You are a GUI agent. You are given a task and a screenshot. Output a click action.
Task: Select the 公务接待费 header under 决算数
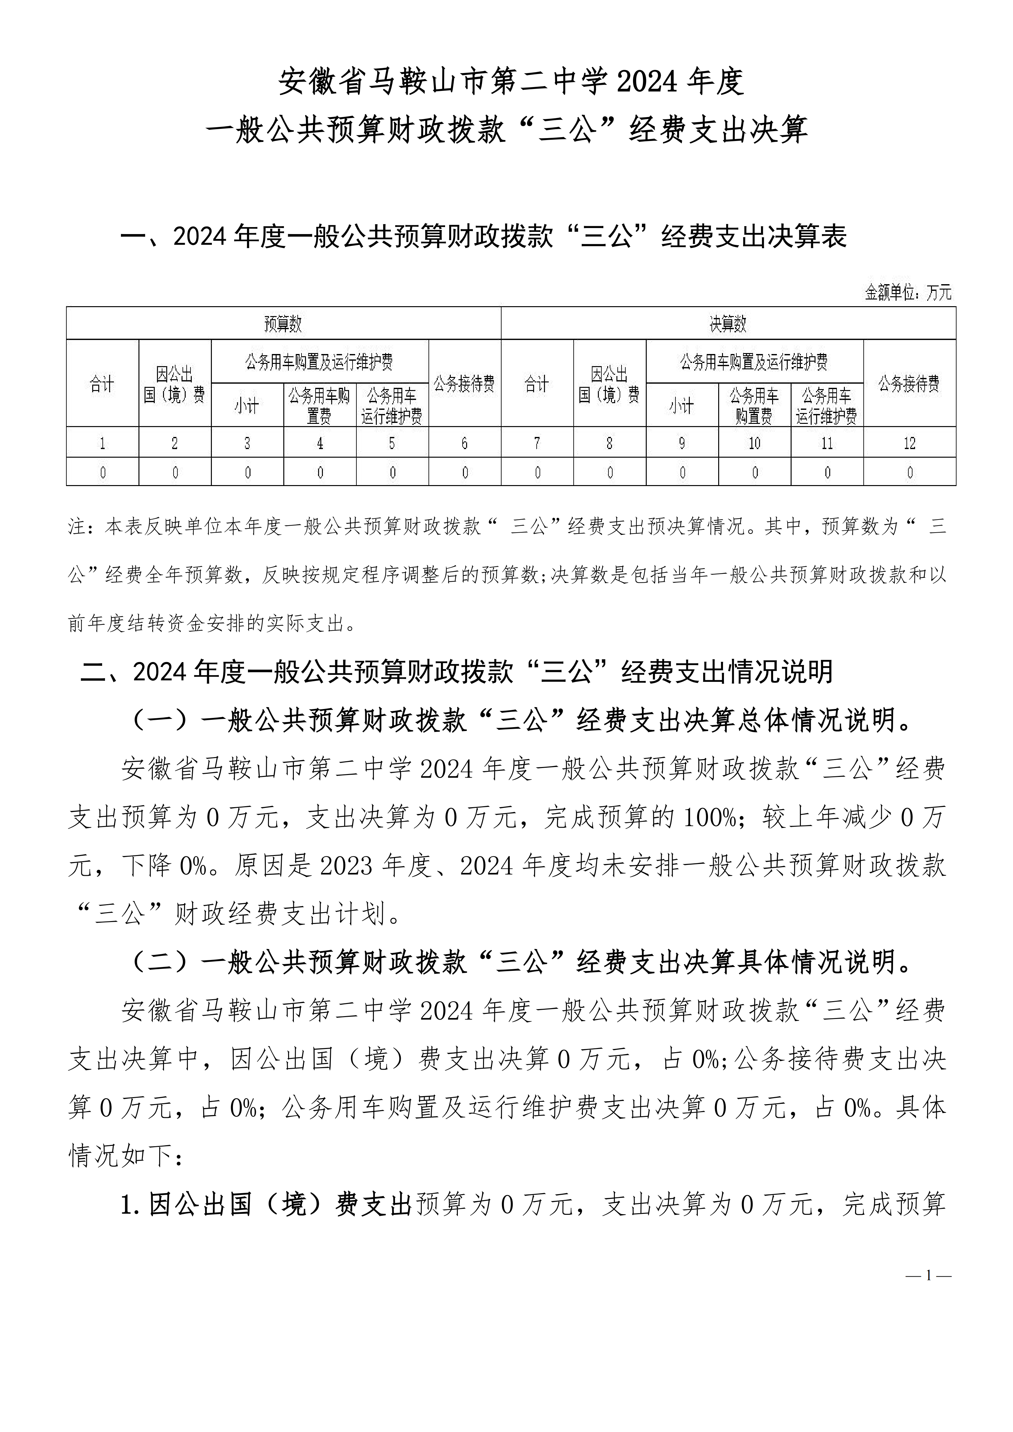(909, 384)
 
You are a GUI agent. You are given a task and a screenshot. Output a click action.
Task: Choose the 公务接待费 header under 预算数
(465, 384)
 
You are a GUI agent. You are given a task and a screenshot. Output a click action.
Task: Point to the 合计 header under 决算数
(537, 384)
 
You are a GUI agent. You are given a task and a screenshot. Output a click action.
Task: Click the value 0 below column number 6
(465, 473)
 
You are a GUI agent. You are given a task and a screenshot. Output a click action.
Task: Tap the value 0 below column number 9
(682, 473)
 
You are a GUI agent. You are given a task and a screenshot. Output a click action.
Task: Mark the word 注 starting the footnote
(76, 527)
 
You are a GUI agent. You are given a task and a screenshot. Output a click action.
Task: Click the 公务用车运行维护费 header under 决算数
(827, 406)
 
